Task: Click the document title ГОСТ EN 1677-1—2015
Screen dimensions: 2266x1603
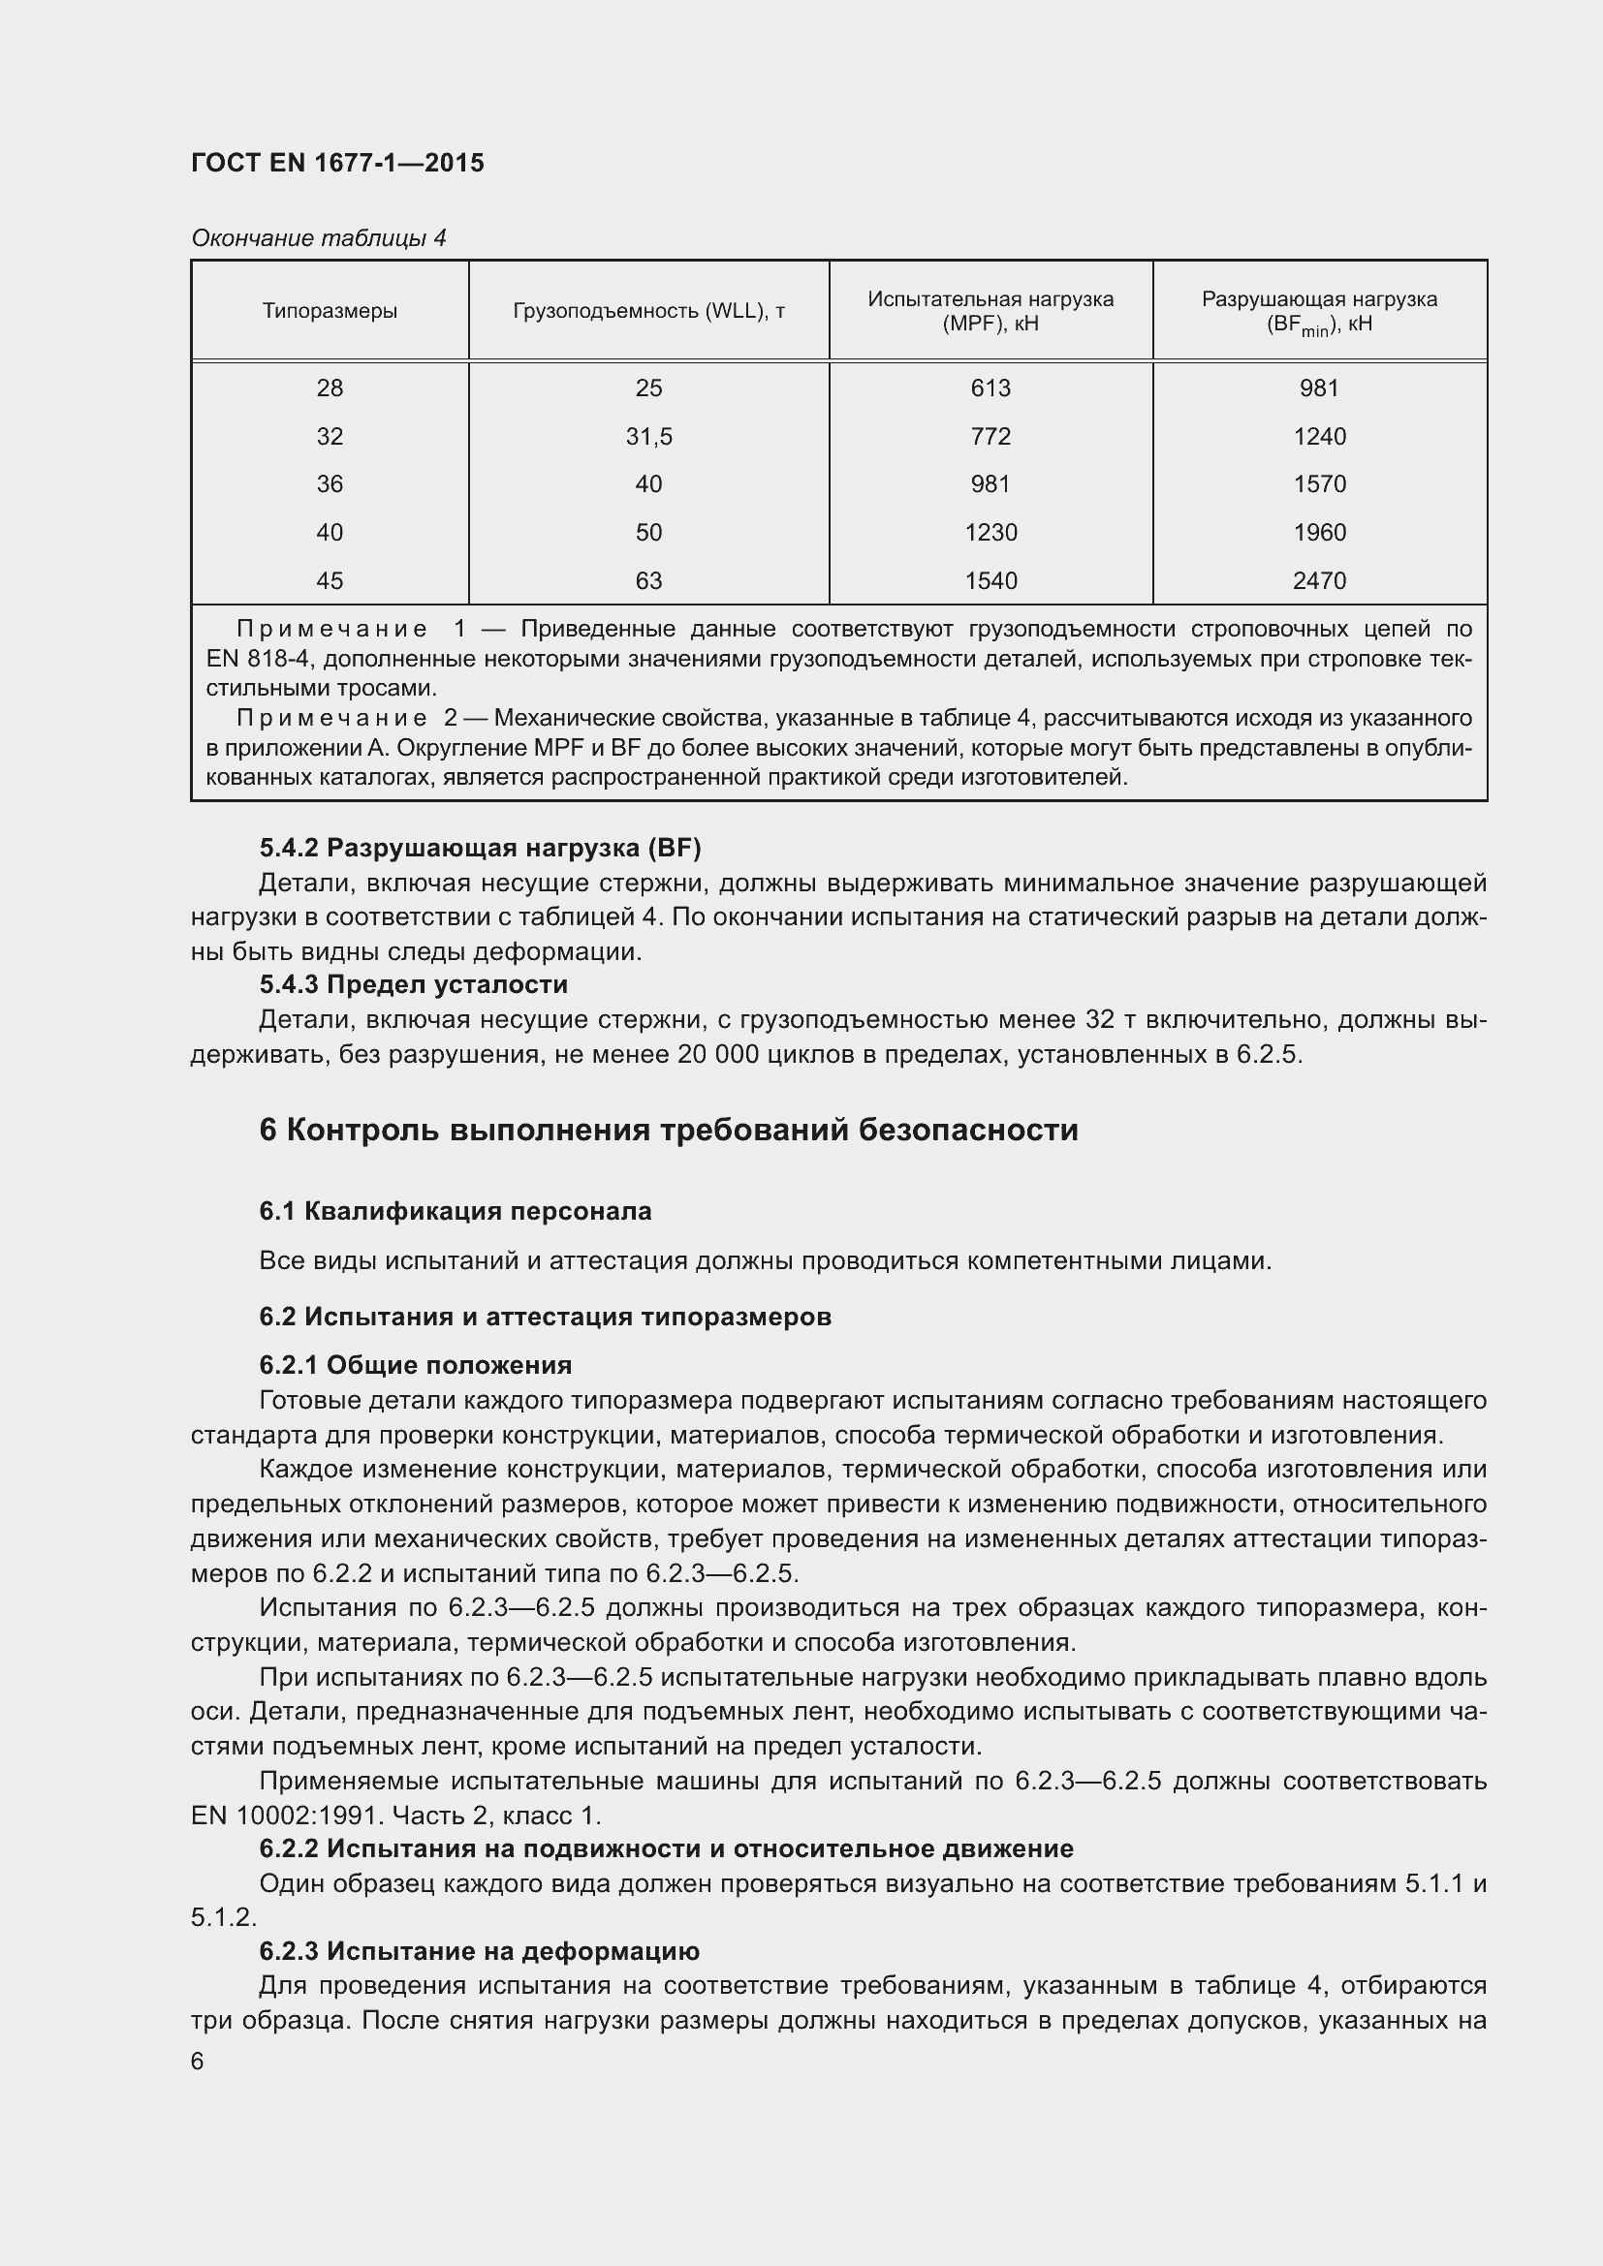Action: (337, 163)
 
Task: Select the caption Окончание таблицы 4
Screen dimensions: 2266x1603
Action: (318, 238)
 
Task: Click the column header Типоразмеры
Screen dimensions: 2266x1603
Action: (330, 311)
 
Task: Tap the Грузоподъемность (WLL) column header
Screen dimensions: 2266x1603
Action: (648, 311)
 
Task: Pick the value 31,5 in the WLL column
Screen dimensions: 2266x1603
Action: (648, 436)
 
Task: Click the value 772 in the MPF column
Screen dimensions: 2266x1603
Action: (990, 436)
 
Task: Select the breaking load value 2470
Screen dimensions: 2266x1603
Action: (1319, 580)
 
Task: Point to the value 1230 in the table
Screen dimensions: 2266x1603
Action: (990, 532)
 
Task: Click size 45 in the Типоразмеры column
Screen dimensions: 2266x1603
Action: (330, 580)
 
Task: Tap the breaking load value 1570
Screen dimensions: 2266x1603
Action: (1319, 483)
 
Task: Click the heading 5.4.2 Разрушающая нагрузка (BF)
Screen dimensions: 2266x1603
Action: (480, 847)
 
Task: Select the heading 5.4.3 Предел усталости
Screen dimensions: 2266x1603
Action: (414, 984)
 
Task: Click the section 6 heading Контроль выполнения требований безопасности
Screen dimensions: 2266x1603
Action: (669, 1130)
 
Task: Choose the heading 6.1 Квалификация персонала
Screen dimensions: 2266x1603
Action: (456, 1211)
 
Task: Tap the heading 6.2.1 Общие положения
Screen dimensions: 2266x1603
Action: (416, 1365)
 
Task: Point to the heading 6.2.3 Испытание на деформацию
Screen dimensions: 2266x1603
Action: (479, 1951)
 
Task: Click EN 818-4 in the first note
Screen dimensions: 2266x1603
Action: (257, 658)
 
